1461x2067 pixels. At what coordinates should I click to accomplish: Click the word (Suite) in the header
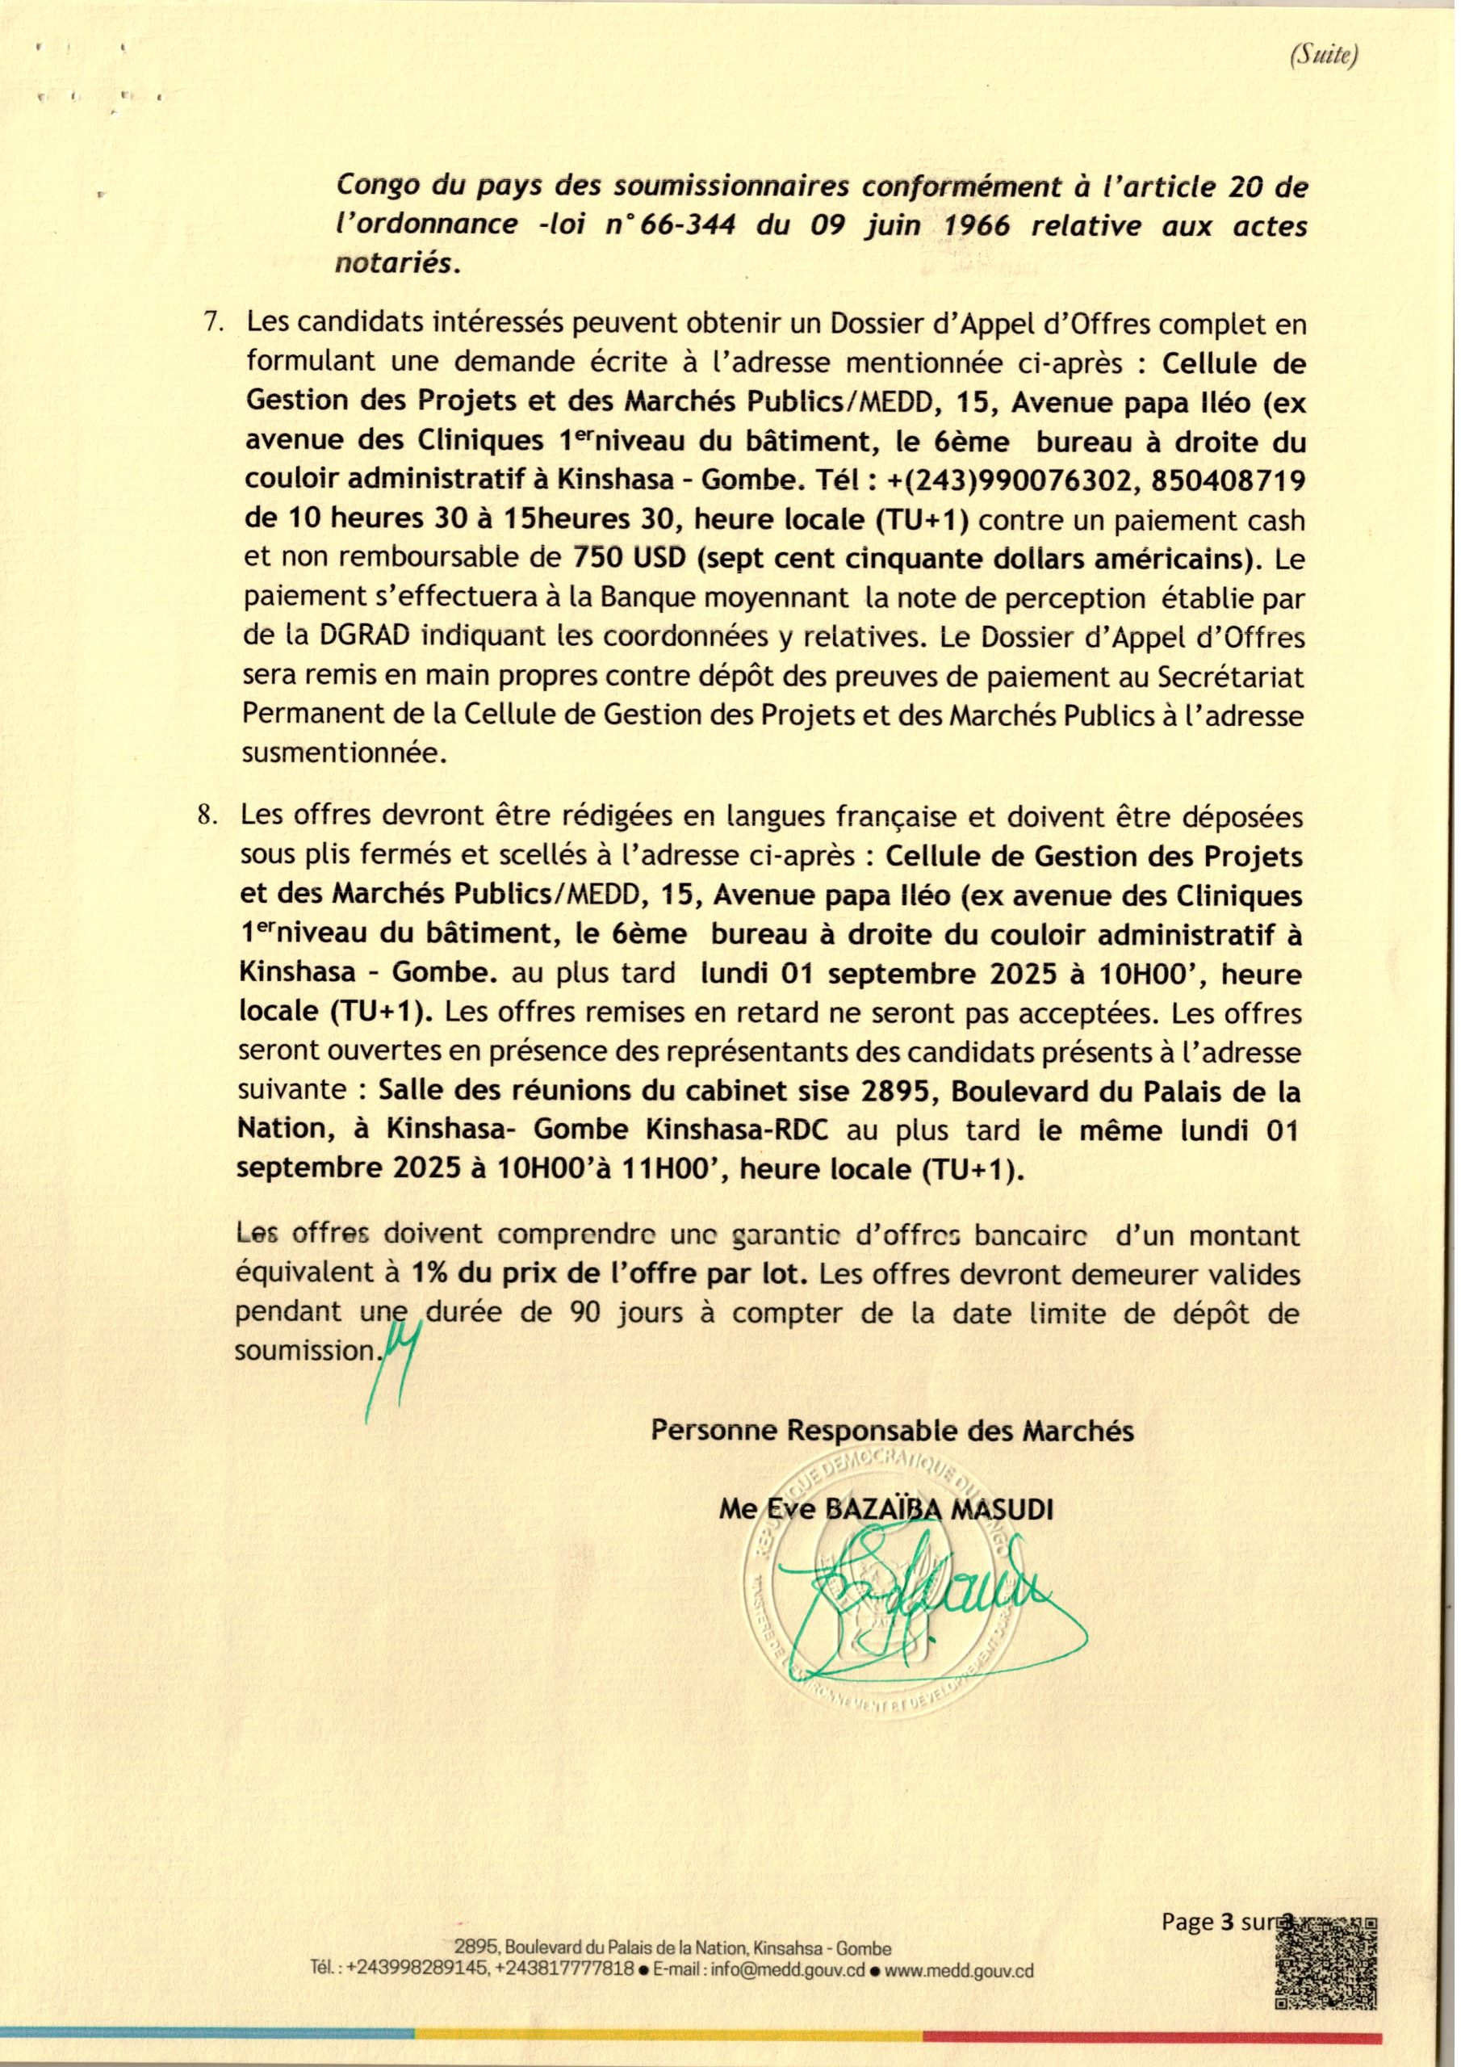(1324, 56)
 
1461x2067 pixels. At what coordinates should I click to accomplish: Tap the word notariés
(397, 264)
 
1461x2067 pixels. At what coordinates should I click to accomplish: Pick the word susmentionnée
(344, 753)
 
